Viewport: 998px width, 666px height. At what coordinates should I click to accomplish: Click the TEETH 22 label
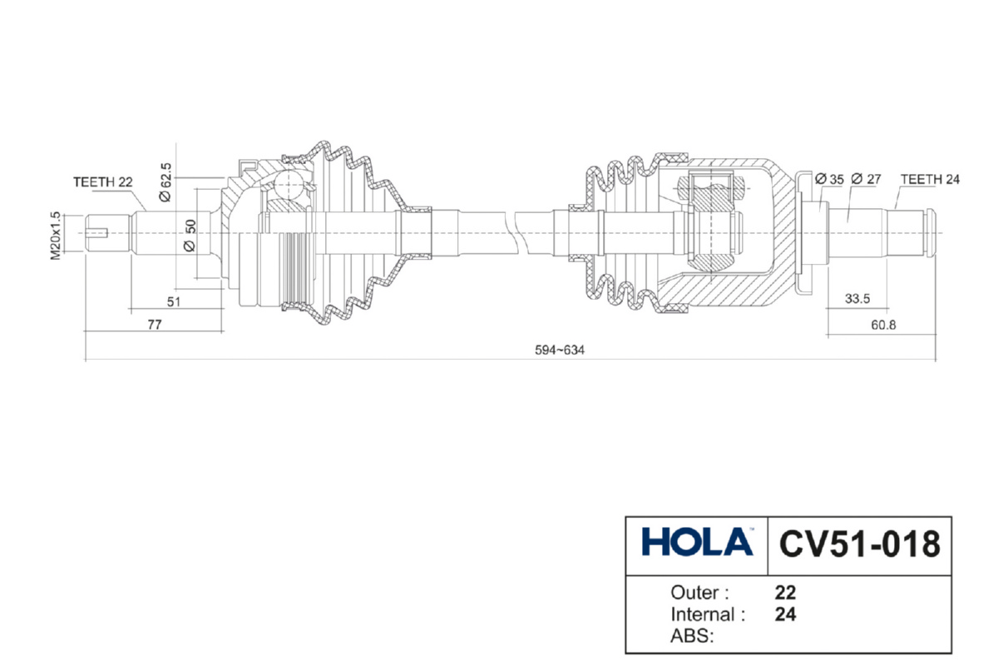pos(103,181)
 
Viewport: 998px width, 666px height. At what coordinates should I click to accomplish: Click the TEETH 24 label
pos(930,179)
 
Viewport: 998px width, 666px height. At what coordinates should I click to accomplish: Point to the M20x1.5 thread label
pos(56,236)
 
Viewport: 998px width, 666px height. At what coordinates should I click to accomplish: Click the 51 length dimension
pos(173,302)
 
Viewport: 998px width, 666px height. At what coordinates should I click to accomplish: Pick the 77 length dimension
pos(154,326)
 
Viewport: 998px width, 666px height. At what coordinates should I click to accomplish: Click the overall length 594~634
pos(560,350)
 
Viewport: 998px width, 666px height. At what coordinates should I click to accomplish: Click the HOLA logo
pos(697,543)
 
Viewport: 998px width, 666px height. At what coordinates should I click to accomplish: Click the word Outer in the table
pos(699,594)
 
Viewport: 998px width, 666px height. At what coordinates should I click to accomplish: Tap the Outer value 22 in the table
pos(785,594)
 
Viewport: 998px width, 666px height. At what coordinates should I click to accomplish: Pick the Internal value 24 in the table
pos(785,615)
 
